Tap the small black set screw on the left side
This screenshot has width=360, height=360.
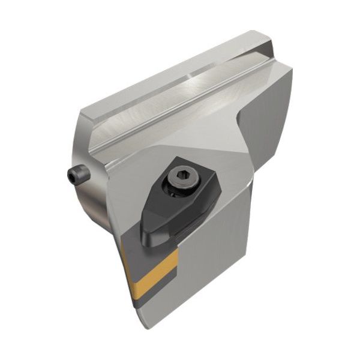click(77, 175)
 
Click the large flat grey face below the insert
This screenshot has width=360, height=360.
click(210, 276)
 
